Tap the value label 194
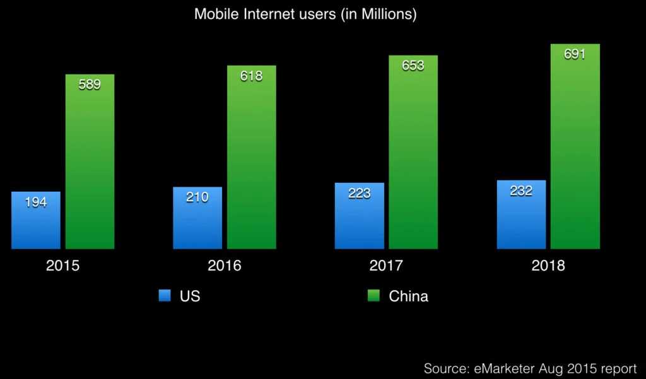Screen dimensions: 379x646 click(36, 202)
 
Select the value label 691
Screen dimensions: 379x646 click(575, 54)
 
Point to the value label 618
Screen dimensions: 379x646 click(251, 76)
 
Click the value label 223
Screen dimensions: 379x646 click(359, 193)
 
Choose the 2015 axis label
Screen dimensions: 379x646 click(63, 265)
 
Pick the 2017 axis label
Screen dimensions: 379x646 click(386, 265)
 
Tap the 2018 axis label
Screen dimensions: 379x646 click(548, 265)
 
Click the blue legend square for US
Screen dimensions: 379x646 click(165, 296)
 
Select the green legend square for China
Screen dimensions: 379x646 click(373, 296)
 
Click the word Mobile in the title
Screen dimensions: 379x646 click(214, 15)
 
